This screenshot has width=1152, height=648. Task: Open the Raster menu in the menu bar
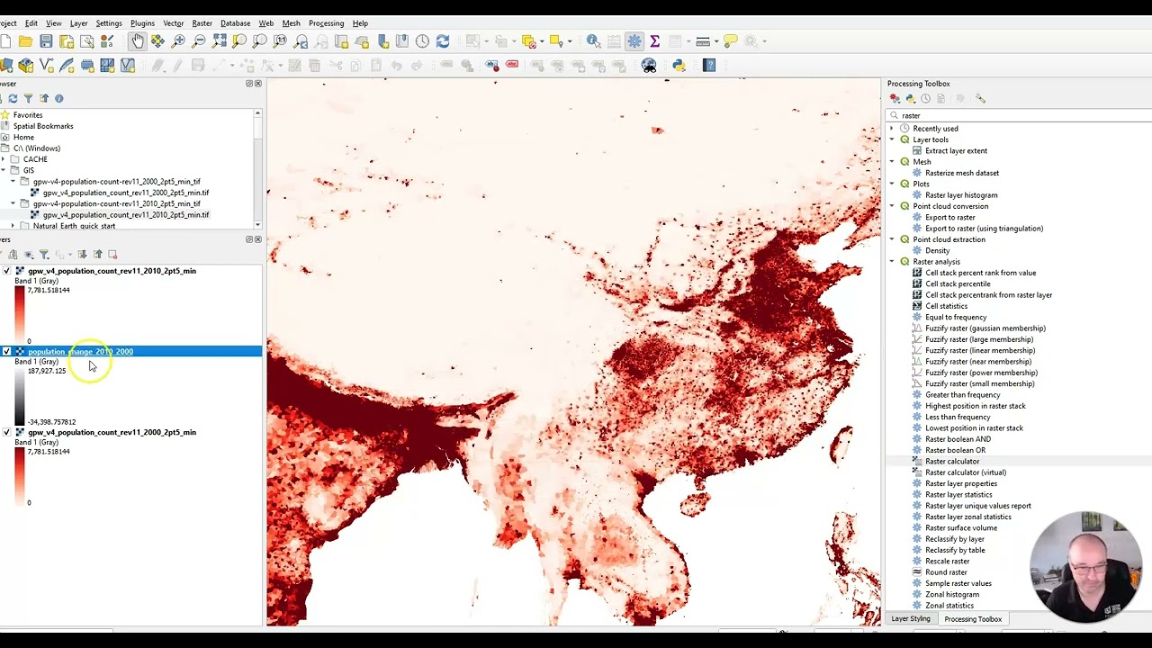(x=202, y=23)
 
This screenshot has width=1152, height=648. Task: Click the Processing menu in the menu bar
(x=326, y=23)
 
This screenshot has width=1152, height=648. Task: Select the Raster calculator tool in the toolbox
(x=952, y=461)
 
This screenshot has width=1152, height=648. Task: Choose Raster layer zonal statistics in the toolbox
(x=967, y=517)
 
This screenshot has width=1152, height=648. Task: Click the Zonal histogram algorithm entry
(x=951, y=594)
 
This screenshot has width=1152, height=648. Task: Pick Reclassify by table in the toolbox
(x=955, y=550)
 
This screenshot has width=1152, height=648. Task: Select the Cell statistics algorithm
(x=946, y=306)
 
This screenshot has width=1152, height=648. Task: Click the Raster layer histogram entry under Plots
(x=960, y=195)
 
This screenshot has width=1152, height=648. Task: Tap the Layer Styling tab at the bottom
(x=910, y=619)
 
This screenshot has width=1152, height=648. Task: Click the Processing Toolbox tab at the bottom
(x=972, y=619)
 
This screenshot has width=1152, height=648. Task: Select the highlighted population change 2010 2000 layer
(x=80, y=352)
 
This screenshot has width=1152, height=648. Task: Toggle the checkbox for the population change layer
(x=7, y=352)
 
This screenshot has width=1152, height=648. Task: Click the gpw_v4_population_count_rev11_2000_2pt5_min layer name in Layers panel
(x=112, y=433)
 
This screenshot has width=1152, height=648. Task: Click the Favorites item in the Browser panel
(x=28, y=115)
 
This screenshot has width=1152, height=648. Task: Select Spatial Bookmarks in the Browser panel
(x=43, y=126)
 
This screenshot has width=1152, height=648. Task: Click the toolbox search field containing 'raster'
(x=1017, y=115)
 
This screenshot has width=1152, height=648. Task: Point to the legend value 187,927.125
(x=47, y=371)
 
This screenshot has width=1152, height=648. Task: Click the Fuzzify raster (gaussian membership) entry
(x=985, y=328)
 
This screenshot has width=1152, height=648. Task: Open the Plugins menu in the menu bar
(x=142, y=23)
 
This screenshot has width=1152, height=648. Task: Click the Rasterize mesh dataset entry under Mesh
(x=961, y=173)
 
